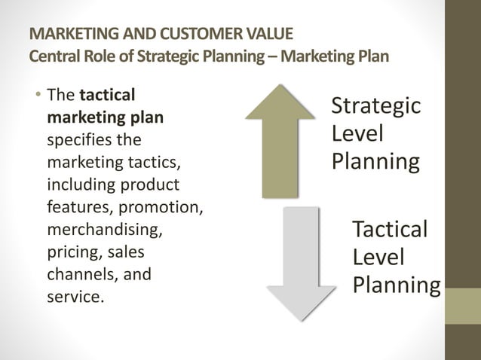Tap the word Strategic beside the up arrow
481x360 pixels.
375,105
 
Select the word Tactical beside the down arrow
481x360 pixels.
390,229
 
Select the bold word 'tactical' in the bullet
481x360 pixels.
107,96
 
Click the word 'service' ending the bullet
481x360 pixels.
73,296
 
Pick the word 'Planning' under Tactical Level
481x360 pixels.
397,286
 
